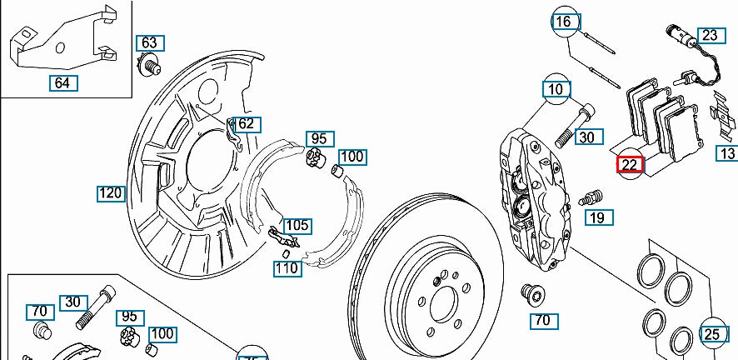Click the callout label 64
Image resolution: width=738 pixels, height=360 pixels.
tap(62, 82)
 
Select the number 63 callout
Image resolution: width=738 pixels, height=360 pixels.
tap(149, 42)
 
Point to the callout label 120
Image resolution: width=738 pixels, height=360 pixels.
tap(110, 194)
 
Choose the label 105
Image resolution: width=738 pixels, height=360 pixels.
tap(297, 225)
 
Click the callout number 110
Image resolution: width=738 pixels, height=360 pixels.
tap(287, 268)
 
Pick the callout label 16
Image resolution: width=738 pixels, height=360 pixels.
tap(565, 22)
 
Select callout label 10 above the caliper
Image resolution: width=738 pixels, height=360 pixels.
tap(556, 88)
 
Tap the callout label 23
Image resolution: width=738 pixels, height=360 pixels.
tap(709, 35)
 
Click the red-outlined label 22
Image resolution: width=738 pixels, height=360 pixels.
tap(630, 164)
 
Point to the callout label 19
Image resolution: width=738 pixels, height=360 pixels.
tap(597, 218)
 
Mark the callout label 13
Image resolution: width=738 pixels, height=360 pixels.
tap(727, 153)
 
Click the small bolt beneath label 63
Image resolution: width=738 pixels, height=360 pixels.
tap(151, 64)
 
